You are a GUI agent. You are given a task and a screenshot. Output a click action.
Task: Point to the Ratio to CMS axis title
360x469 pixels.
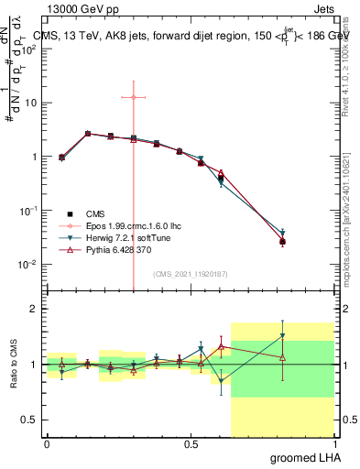tap(14, 365)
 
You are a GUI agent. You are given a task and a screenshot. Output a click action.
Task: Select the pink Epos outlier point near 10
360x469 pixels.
tap(134, 97)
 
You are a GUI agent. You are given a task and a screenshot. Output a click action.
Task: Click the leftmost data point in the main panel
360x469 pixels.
tap(61, 158)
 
